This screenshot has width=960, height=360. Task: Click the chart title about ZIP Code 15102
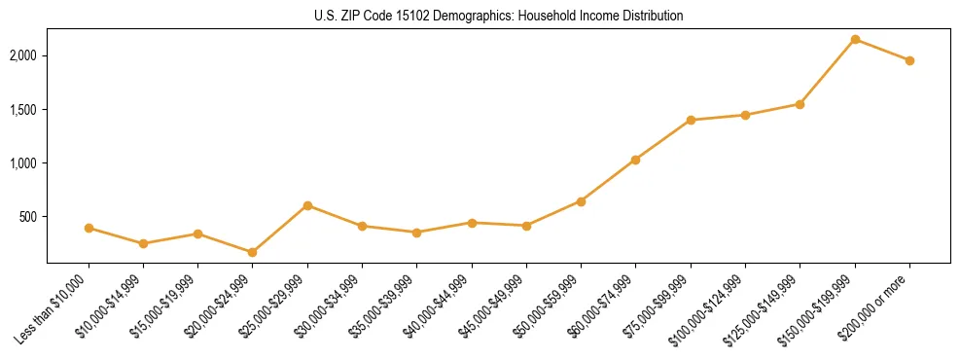point(499,16)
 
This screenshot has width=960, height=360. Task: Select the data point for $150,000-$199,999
point(855,40)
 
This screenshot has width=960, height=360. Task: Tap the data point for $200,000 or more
point(909,60)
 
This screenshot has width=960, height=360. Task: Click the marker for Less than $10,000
point(89,228)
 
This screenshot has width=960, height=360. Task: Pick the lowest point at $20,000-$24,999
point(253,252)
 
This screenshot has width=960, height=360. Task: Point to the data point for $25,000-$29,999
point(307,205)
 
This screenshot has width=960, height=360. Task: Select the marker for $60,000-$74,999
point(635,160)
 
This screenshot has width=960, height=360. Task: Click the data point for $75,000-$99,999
point(691,120)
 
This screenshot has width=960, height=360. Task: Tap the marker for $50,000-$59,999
point(581,201)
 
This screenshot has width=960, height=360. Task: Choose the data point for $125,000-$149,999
point(800,104)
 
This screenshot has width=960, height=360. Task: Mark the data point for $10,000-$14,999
point(143,243)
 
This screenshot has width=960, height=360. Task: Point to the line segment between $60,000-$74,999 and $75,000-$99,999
point(663,139)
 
